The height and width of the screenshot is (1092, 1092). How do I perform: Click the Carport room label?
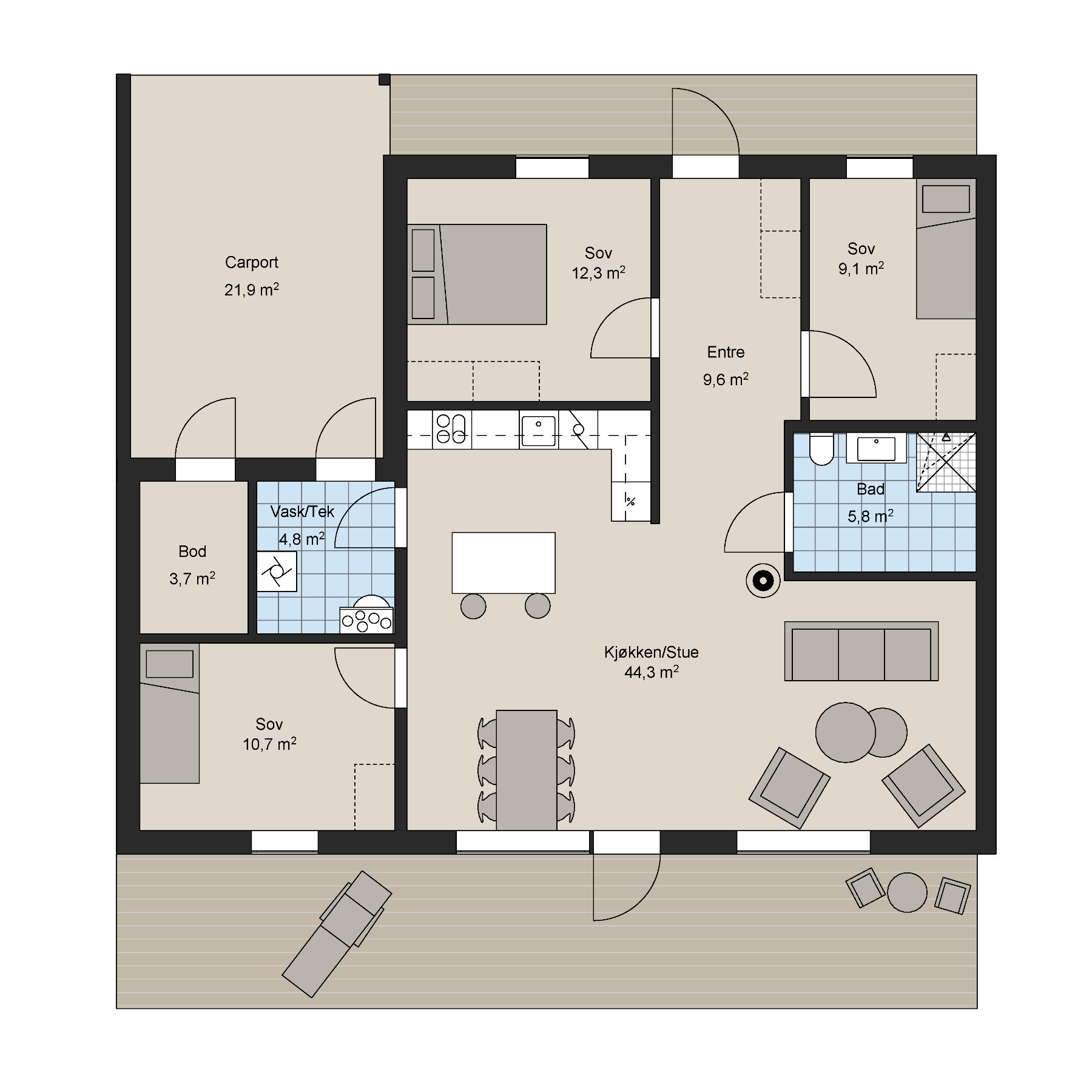click(x=251, y=263)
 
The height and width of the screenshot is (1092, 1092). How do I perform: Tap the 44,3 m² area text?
click(x=651, y=672)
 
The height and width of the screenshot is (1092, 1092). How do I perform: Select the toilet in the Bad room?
click(x=821, y=449)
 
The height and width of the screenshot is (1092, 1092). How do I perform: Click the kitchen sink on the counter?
click(x=538, y=430)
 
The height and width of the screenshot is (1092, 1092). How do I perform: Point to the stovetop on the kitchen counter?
click(x=451, y=429)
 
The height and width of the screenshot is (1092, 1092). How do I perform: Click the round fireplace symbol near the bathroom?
click(x=763, y=581)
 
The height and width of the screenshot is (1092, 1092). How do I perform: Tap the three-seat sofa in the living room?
click(x=861, y=651)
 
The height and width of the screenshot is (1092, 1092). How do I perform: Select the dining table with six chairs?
click(x=526, y=770)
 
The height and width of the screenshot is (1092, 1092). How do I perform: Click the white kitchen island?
click(x=503, y=562)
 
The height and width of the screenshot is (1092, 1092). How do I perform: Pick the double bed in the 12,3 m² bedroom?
click(x=477, y=274)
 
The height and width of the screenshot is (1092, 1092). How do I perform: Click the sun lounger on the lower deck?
click(x=337, y=934)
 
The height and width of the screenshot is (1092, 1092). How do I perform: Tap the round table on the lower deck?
click(x=907, y=892)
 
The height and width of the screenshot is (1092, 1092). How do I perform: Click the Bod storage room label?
click(x=192, y=551)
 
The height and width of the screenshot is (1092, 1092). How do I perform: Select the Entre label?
click(x=726, y=352)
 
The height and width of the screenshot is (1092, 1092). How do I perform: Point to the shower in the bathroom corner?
click(x=946, y=462)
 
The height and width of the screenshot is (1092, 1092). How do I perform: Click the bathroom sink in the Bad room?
click(x=876, y=448)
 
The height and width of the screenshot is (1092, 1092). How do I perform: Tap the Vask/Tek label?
click(x=302, y=511)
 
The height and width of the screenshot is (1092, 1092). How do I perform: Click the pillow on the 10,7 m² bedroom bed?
click(x=169, y=664)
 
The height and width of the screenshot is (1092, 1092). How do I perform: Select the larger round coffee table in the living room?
click(x=846, y=732)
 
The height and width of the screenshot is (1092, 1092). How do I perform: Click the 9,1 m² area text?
click(x=861, y=268)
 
